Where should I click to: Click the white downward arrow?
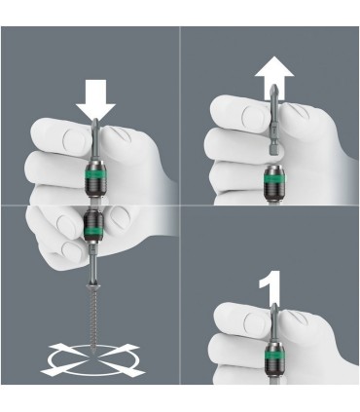coord(94,100)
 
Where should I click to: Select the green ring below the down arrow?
coord(96,180)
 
